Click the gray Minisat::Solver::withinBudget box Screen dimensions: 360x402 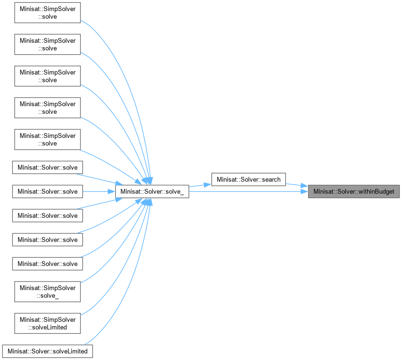click(354, 192)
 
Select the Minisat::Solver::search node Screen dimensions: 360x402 click(248, 179)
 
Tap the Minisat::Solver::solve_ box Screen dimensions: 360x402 click(152, 192)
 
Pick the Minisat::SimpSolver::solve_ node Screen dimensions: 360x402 click(48, 291)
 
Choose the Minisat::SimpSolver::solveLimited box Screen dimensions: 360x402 click(48, 323)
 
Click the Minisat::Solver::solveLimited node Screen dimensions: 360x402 click(48, 351)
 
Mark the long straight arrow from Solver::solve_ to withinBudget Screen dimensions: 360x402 click(247, 192)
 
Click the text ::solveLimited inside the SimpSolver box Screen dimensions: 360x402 click(48, 327)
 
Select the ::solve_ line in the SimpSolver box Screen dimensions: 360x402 click(48, 295)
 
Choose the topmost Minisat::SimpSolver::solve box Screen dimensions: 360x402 click(48, 12)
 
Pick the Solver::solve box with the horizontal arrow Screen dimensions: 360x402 click(48, 192)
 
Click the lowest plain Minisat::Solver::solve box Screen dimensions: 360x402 click(48, 263)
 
